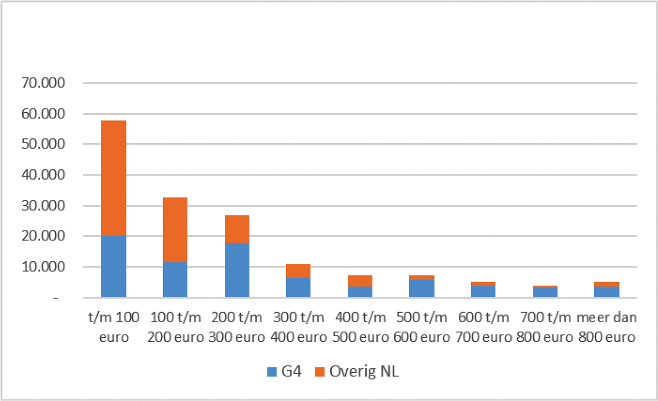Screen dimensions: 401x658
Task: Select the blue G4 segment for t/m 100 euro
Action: pyautogui.click(x=113, y=266)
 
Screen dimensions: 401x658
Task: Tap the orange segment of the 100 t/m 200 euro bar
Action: pyautogui.click(x=175, y=230)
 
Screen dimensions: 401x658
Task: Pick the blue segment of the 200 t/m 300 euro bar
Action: pyautogui.click(x=237, y=270)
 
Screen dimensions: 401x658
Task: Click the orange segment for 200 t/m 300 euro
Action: pyautogui.click(x=237, y=230)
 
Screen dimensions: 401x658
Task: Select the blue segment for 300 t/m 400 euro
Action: pyautogui.click(x=298, y=287)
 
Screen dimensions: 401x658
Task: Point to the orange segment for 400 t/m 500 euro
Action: pyautogui.click(x=360, y=281)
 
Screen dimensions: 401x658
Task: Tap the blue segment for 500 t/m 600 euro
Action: pyautogui.click(x=422, y=288)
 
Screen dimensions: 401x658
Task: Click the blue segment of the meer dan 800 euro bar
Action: pyautogui.click(x=607, y=292)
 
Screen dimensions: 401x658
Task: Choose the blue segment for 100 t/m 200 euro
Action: pyautogui.click(x=175, y=279)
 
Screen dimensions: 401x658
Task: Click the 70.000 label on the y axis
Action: pyautogui.click(x=42, y=82)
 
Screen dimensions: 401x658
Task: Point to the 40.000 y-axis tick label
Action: pyautogui.click(x=42, y=175)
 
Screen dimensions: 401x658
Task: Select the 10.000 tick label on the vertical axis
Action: pyautogui.click(x=42, y=267)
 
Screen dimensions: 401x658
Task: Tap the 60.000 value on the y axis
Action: pyautogui.click(x=42, y=114)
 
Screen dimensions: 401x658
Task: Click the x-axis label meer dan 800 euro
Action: pyautogui.click(x=607, y=327)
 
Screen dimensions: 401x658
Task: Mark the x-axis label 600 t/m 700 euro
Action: pyautogui.click(x=484, y=327)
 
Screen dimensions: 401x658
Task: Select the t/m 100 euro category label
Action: pyautogui.click(x=113, y=327)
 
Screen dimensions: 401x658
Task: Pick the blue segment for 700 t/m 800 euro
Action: pyautogui.click(x=545, y=292)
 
